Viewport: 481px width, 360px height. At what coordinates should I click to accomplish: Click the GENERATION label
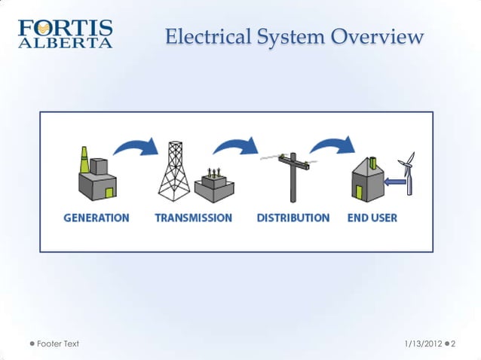point(96,218)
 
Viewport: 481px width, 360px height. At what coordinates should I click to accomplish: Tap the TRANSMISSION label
point(193,218)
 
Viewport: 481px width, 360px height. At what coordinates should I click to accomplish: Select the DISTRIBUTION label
point(293,218)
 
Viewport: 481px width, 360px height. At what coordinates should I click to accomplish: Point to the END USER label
point(372,218)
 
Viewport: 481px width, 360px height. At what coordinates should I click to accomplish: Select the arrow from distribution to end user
point(332,146)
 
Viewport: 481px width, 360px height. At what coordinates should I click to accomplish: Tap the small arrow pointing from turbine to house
point(392,182)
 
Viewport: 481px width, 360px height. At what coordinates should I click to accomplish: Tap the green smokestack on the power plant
point(84,160)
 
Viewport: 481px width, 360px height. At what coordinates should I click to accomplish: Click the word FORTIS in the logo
point(66,29)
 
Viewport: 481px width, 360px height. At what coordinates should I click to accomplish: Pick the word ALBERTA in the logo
point(65,43)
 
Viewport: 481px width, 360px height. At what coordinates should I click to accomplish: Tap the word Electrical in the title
point(202,36)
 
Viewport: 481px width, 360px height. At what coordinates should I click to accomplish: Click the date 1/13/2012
point(424,343)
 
